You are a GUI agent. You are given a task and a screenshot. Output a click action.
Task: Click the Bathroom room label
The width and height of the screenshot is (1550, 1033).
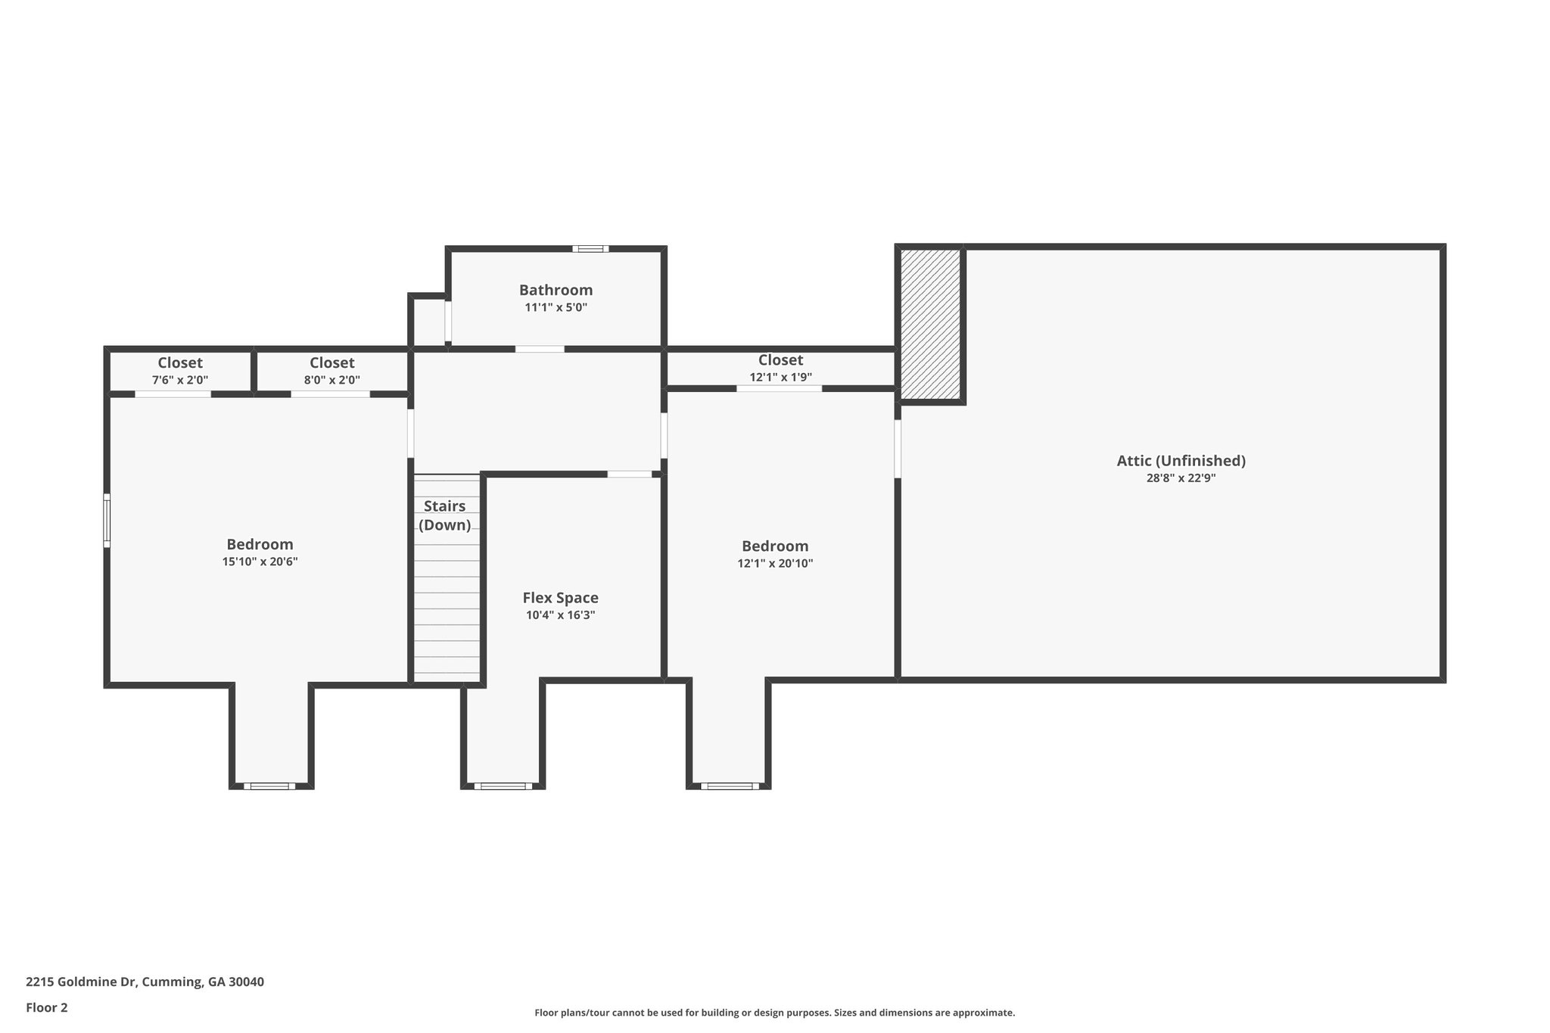point(556,290)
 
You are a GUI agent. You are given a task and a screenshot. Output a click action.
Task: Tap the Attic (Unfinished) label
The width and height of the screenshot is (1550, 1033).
point(1181,460)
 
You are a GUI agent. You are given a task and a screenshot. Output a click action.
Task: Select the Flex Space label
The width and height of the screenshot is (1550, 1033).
point(560,598)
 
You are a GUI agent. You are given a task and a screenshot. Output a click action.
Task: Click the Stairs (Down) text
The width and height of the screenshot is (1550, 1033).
point(444,515)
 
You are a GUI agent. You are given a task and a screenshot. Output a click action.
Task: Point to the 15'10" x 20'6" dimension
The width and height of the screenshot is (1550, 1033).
point(260,562)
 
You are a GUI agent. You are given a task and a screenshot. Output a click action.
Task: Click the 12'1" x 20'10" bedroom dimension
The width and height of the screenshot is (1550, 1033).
point(775,563)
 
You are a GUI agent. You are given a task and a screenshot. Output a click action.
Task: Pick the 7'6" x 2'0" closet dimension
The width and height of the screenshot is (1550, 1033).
point(180,380)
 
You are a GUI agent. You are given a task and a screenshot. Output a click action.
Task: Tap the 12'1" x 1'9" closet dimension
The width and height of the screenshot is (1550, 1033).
point(780,377)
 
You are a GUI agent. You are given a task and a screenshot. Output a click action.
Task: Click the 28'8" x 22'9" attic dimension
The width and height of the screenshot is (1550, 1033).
point(1181,478)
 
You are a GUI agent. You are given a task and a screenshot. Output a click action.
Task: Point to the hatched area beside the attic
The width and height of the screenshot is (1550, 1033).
point(930,324)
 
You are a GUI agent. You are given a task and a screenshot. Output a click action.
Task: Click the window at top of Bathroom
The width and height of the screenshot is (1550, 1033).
point(590,249)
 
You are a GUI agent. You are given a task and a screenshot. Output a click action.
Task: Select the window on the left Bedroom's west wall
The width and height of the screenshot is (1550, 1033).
point(107,520)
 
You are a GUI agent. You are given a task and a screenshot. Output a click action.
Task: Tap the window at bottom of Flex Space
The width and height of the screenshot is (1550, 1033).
point(503,786)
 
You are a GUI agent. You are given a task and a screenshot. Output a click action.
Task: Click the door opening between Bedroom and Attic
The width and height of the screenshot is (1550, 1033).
point(898,449)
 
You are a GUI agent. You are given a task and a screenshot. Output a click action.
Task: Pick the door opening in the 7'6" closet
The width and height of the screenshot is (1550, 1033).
point(173,394)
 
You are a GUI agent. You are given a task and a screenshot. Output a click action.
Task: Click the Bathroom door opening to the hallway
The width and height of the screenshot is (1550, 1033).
point(540,349)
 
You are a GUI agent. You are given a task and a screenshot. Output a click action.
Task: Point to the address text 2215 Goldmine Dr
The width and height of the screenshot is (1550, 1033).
point(145,982)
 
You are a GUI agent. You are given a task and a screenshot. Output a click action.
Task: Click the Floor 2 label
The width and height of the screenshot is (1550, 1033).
point(47,1007)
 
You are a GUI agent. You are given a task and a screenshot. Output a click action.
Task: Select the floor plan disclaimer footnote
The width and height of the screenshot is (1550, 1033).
point(774,1013)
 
